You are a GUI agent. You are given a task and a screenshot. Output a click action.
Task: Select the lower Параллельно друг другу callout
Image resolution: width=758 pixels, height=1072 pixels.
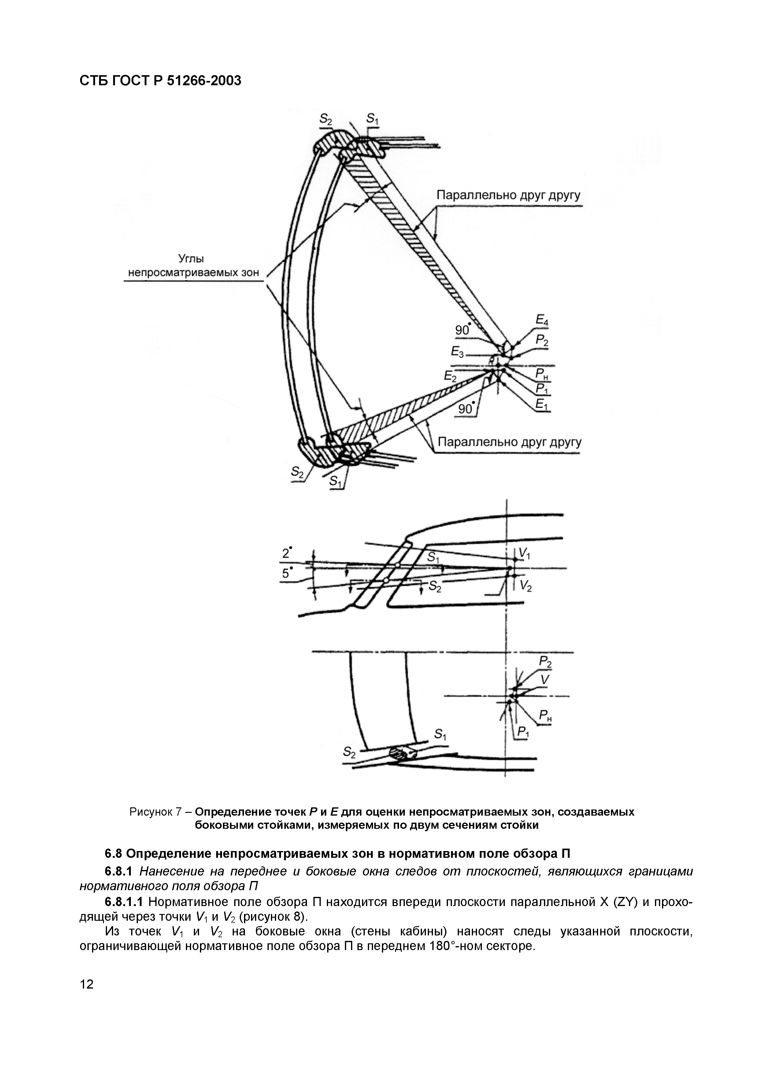click(x=509, y=442)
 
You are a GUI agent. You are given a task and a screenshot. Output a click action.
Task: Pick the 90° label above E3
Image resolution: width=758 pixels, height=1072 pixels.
click(x=462, y=330)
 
